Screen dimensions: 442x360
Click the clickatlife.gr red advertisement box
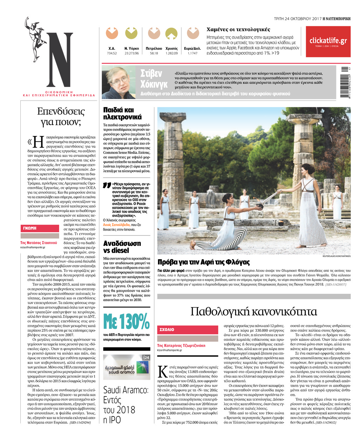(328, 41)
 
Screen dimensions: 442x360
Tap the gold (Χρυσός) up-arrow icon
(171, 34)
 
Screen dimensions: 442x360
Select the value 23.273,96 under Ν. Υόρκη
(131, 53)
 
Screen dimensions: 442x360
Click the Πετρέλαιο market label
(154, 48)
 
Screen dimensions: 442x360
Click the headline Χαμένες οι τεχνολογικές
(238, 29)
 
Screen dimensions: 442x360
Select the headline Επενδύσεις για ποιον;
(61, 117)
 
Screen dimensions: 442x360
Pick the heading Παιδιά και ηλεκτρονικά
(122, 113)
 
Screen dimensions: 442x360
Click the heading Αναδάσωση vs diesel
(122, 247)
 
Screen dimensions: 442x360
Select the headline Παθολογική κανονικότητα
(254, 311)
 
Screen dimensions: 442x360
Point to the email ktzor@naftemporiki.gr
(170, 350)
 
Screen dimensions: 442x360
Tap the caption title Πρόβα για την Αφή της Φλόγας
(203, 262)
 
